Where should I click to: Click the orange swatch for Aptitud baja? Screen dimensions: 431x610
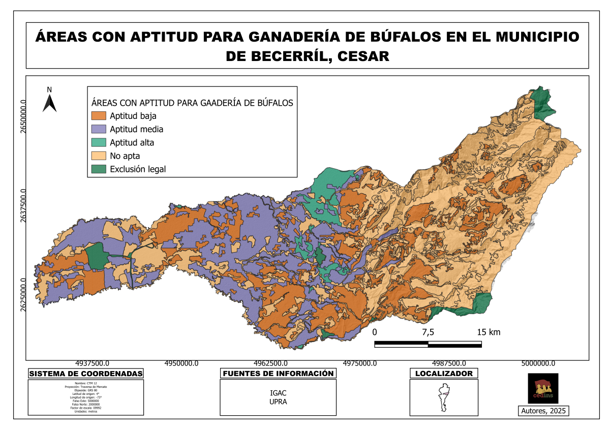99,116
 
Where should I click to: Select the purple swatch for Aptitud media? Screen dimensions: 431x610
99,129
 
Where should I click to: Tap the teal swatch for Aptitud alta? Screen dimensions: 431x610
99,142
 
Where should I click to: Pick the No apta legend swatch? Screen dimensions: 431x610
99,156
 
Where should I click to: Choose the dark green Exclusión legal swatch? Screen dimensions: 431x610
99,169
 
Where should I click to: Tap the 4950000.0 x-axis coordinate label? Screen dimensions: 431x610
181,363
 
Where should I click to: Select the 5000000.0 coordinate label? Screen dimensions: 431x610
538,363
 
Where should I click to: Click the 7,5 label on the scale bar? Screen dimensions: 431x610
428,332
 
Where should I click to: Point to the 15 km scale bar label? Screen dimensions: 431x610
489,332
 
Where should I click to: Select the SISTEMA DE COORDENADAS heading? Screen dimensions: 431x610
85,374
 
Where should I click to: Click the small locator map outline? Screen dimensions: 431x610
443,398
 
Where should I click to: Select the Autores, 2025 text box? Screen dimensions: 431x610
543,411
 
